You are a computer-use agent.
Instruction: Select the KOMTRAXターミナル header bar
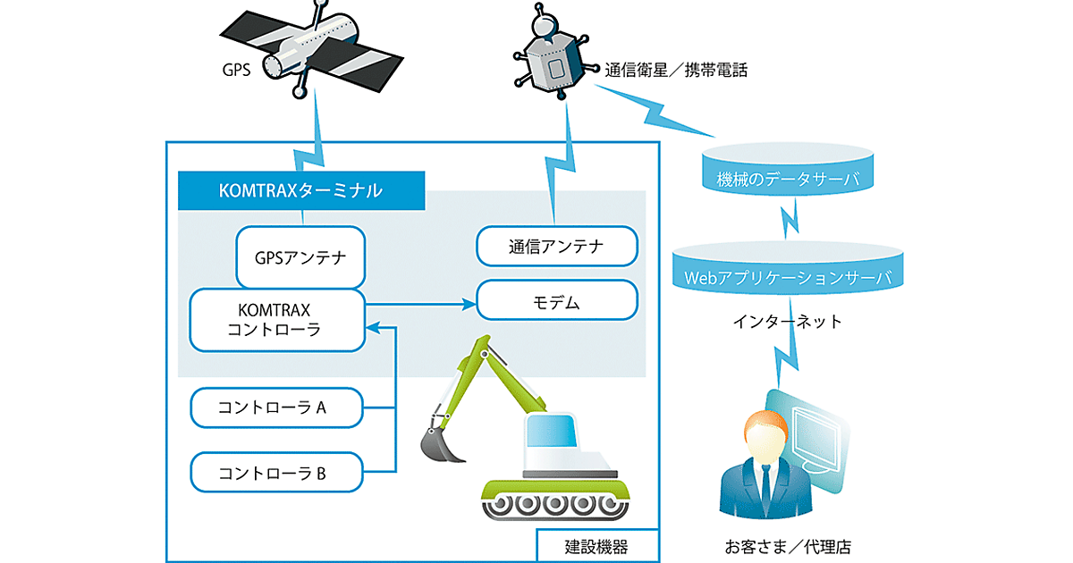point(300,190)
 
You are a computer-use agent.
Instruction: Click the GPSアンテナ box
point(300,257)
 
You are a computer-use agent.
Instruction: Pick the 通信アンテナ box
point(556,247)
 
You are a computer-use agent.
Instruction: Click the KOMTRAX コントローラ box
point(277,320)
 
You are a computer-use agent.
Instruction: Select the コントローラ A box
point(277,408)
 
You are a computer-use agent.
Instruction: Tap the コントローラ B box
point(277,472)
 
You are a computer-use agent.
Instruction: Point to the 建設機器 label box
point(596,546)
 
